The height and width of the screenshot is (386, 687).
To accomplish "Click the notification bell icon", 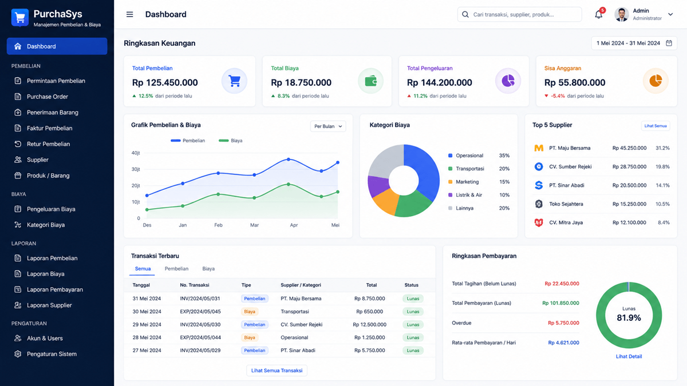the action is click(598, 14).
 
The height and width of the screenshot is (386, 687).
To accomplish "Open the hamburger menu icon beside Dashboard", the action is click(130, 14).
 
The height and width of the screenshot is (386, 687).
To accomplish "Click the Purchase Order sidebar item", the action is click(47, 97).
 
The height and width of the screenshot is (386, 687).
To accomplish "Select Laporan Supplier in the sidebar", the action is click(49, 305).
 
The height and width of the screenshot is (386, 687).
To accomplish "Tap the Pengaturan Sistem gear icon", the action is click(18, 354).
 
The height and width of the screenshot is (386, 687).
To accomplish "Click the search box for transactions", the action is click(520, 14).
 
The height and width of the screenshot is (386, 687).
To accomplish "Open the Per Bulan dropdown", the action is click(328, 126).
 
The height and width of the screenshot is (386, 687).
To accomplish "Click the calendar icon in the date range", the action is click(669, 43).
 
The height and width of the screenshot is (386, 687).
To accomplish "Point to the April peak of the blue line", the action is click(289, 160).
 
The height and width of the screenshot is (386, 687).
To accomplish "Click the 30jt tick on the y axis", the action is click(136, 169).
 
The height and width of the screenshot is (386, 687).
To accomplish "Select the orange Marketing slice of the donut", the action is click(385, 201).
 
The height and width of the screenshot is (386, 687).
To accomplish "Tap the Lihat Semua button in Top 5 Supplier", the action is click(656, 126).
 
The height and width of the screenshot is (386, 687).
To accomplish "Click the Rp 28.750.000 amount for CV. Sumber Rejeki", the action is click(629, 166).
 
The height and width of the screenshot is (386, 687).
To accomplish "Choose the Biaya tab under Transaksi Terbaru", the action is click(208, 269).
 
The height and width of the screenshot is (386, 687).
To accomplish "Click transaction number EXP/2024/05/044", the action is click(200, 337).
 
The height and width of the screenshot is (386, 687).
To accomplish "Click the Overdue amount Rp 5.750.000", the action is click(563, 323).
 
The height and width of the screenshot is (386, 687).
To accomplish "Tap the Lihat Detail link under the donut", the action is click(629, 356).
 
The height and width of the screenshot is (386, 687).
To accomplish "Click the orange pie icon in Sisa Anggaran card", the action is click(656, 81).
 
